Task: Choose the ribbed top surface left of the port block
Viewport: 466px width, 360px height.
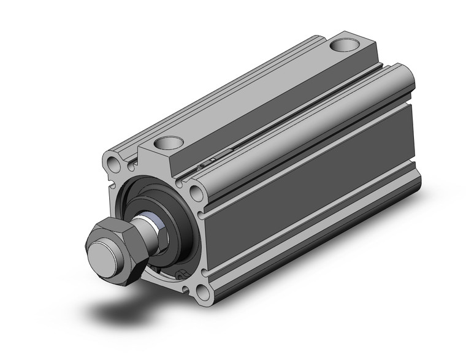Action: [x=233, y=92]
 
